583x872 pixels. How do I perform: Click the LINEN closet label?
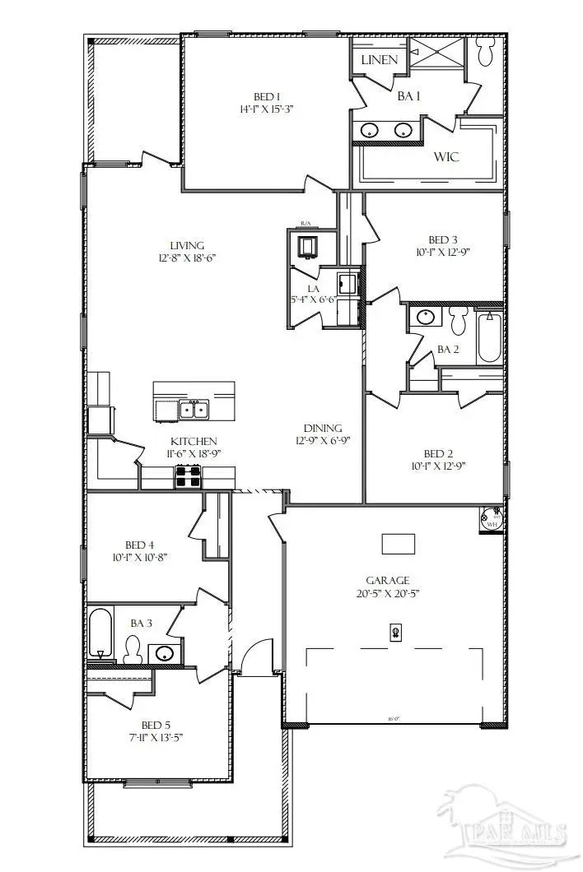click(x=380, y=60)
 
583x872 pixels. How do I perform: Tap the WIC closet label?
click(x=446, y=157)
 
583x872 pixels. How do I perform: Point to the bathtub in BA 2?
click(x=490, y=336)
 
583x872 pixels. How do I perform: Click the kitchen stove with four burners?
click(x=187, y=476)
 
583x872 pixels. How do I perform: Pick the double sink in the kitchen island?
click(x=194, y=409)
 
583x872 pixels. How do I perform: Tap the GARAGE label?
click(x=388, y=580)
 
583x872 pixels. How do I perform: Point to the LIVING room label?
click(x=187, y=245)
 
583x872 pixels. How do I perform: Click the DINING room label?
click(x=323, y=428)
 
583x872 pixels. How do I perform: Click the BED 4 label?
click(x=140, y=545)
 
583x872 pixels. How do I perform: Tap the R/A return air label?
click(x=305, y=224)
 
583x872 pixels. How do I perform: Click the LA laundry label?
click(x=314, y=288)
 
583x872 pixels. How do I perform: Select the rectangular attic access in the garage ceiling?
click(x=399, y=544)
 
